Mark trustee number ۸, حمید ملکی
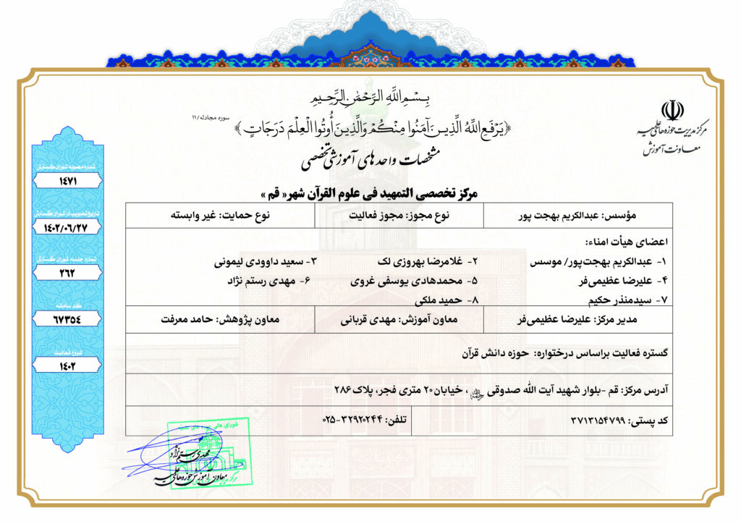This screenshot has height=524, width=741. [437, 298]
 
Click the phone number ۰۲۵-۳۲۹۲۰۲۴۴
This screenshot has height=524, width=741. [350, 420]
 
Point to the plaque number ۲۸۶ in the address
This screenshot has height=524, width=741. [347, 389]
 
